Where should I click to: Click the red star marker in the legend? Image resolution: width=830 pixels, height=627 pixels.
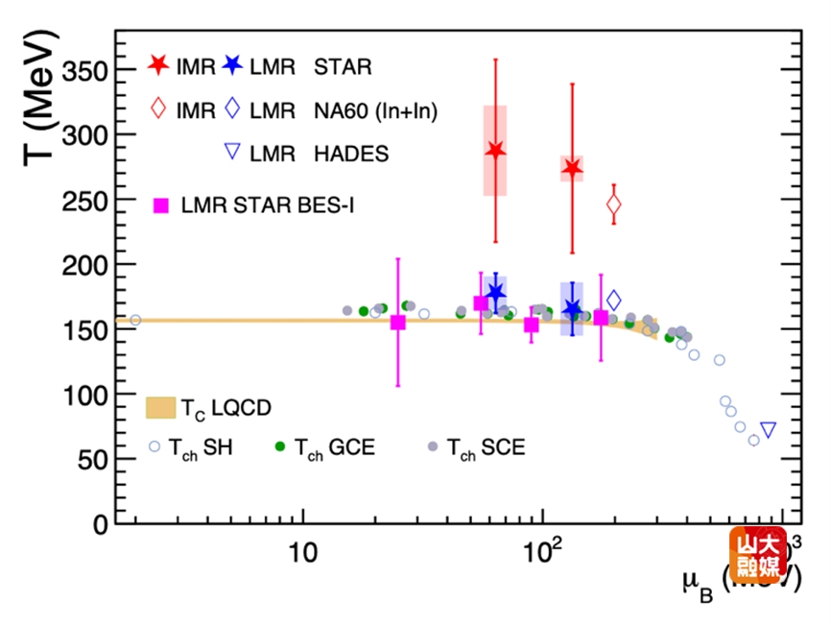[x=159, y=66]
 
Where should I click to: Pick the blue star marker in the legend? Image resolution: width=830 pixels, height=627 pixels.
[x=232, y=66]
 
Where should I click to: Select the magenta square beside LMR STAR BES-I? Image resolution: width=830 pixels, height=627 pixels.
[x=161, y=205]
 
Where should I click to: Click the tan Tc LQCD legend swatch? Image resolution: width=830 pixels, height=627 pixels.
[x=160, y=407]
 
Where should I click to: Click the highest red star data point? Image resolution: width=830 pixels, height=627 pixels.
[x=495, y=151]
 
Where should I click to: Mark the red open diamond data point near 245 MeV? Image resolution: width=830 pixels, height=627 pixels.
[x=614, y=205]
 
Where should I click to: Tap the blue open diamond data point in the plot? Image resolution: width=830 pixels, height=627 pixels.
[x=614, y=301]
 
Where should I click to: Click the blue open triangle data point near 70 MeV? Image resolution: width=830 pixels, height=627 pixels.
[x=768, y=429]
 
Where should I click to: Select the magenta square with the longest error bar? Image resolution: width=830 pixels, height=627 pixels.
[x=398, y=323]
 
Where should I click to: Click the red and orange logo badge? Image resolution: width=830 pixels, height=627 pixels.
[x=758, y=555]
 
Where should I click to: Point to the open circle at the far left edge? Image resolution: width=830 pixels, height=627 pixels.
[x=135, y=320]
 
